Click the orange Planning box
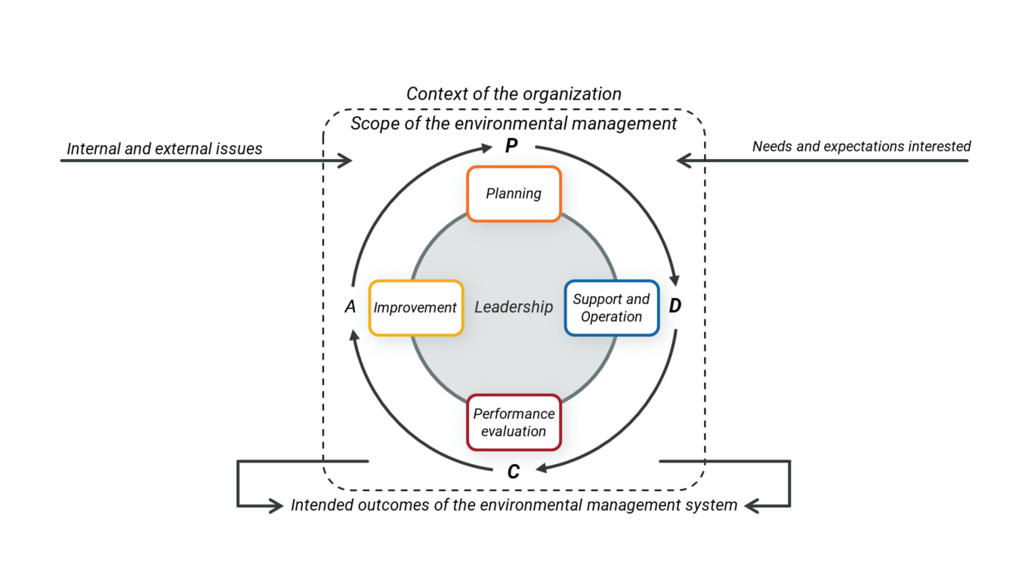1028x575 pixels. point(514,194)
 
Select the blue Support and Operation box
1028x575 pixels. point(612,308)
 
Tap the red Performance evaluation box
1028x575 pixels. point(514,423)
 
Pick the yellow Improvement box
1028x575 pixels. point(415,308)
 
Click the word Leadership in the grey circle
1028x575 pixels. point(514,307)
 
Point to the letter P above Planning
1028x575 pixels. point(511,146)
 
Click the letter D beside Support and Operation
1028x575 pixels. point(675,306)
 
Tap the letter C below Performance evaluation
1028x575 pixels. point(514,472)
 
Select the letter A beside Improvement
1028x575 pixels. point(350,307)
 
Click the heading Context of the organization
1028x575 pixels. point(514,94)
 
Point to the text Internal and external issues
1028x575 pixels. point(165,149)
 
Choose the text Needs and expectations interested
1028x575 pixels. point(861,146)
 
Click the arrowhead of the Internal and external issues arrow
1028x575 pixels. point(345,160)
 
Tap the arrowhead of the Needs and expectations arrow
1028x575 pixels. point(684,160)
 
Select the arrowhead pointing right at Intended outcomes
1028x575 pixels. point(276,506)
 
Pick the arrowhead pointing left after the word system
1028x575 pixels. point(752,506)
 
